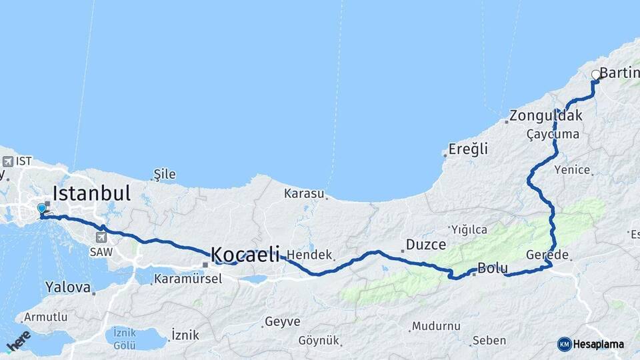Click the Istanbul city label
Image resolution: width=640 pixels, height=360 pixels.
(x=91, y=194)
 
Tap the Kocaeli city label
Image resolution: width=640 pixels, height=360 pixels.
(x=245, y=254)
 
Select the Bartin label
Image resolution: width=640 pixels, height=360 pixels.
(x=620, y=73)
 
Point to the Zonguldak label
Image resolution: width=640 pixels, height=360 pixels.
(x=546, y=115)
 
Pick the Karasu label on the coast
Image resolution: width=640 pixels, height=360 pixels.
(x=304, y=194)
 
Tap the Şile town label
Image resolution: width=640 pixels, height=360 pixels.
(x=165, y=175)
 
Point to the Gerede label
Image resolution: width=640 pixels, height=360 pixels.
(x=547, y=255)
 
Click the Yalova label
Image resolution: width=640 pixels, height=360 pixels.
(x=68, y=287)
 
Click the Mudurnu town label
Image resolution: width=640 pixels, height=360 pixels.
(x=437, y=326)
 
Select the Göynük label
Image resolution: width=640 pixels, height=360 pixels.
(x=321, y=340)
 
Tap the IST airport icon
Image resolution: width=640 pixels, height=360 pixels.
(x=7, y=161)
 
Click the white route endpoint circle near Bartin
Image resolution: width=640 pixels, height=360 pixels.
(x=596, y=75)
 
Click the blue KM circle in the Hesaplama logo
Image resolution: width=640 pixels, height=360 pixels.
(x=564, y=344)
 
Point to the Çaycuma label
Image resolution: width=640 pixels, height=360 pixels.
(x=553, y=134)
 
